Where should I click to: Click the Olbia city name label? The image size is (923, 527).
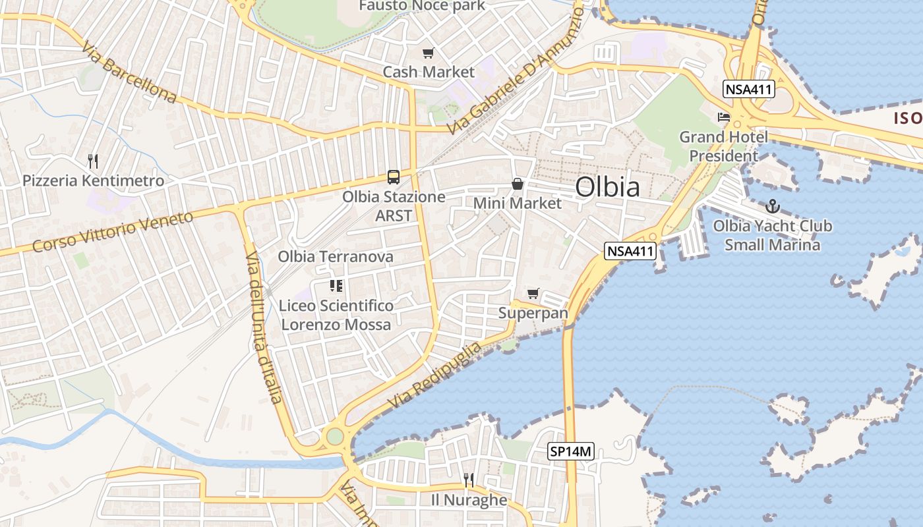[607, 187]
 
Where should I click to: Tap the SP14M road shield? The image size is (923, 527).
[571, 452]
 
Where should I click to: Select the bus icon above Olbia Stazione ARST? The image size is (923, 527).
[394, 177]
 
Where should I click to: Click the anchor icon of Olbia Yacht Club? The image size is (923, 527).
[772, 206]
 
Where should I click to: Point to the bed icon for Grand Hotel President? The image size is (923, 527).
[724, 118]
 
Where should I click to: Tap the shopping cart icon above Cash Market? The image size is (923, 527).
[429, 53]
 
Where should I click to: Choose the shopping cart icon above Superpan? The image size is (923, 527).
[533, 293]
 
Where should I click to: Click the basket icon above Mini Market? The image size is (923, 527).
[518, 184]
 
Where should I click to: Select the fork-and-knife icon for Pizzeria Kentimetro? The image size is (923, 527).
[93, 160]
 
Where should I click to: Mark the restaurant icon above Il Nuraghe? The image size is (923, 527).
[469, 480]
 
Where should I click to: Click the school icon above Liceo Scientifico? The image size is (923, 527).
[336, 286]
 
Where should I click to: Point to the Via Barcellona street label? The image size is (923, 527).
[130, 73]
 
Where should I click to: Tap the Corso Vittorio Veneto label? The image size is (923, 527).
[113, 232]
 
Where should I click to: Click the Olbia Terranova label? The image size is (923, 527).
[336, 256]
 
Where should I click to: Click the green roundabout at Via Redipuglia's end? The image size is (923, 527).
[335, 436]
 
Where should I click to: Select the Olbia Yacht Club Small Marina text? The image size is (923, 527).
[772, 235]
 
